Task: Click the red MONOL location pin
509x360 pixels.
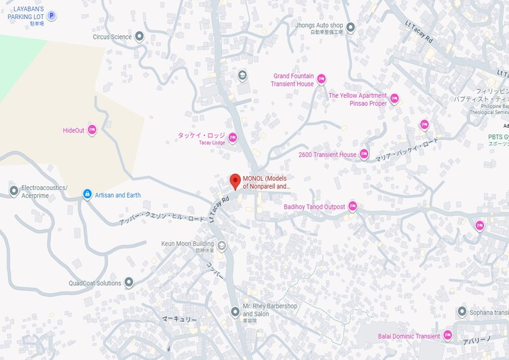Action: point(235,181)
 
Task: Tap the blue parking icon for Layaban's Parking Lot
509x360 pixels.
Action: point(51,15)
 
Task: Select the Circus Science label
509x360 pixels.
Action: point(112,37)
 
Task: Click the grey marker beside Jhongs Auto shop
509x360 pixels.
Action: point(350,28)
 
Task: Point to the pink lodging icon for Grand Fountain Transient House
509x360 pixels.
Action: point(321,79)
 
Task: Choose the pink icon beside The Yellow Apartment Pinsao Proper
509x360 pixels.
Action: point(394,99)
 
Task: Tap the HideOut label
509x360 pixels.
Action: point(73,130)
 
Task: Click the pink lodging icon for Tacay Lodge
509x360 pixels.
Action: point(233,138)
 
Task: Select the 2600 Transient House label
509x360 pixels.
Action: point(327,155)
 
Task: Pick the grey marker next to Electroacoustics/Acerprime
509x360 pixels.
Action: point(14,191)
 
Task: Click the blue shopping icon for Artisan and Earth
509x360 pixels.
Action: point(87,195)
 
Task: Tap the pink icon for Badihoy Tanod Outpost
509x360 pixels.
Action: point(352,206)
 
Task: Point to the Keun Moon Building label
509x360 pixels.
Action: point(187,243)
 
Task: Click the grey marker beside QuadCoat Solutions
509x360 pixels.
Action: point(128,283)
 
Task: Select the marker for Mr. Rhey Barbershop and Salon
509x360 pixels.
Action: point(235,312)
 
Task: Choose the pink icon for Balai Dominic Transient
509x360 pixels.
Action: point(447,336)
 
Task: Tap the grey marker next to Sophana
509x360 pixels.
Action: point(462,312)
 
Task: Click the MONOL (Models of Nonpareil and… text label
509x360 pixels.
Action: point(267,182)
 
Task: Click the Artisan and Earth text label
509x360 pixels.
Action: point(117,195)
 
